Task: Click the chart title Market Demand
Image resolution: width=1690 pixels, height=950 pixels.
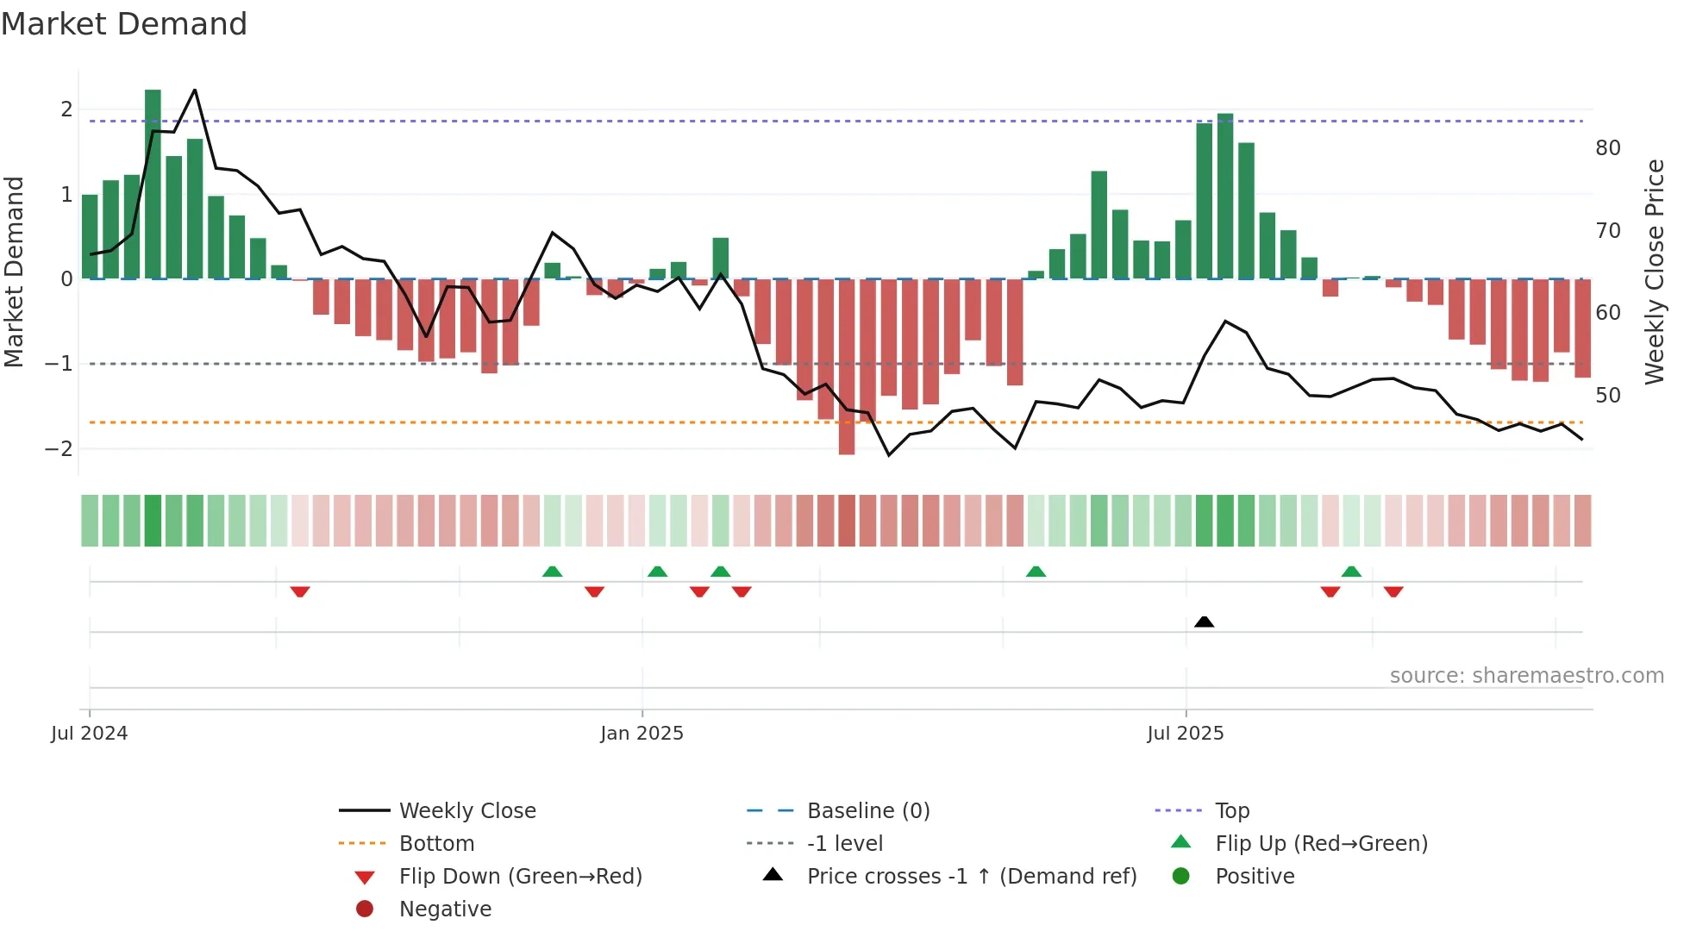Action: coord(124,24)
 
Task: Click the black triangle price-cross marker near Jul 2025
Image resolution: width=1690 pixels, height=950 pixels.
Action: coord(1205,622)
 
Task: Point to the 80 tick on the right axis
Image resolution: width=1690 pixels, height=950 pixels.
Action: coord(1608,148)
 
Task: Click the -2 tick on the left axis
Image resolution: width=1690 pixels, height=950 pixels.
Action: coord(59,448)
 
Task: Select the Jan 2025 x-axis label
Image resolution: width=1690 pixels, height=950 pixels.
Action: coord(642,734)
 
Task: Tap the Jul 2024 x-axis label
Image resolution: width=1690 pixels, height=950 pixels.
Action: coord(89,734)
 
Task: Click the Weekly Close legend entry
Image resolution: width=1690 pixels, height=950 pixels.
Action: coord(466,810)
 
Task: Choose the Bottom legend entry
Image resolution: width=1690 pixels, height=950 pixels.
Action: coord(436,843)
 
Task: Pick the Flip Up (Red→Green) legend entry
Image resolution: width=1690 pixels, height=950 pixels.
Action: coord(1321,843)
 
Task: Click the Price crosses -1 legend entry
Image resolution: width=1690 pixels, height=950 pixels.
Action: coord(971,876)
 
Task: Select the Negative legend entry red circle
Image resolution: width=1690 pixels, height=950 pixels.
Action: coord(365,909)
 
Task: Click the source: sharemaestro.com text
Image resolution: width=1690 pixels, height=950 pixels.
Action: coord(1526,675)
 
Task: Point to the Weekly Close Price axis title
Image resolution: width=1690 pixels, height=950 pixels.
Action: coord(1654,272)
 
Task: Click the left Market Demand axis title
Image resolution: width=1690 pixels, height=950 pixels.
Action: coord(14,272)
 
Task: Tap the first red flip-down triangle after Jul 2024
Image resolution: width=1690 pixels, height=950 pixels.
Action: coord(300,591)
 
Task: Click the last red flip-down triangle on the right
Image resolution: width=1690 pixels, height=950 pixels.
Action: coord(1393,591)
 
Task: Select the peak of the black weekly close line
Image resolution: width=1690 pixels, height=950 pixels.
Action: coord(195,90)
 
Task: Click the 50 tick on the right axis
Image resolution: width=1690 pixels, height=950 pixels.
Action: coord(1608,395)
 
